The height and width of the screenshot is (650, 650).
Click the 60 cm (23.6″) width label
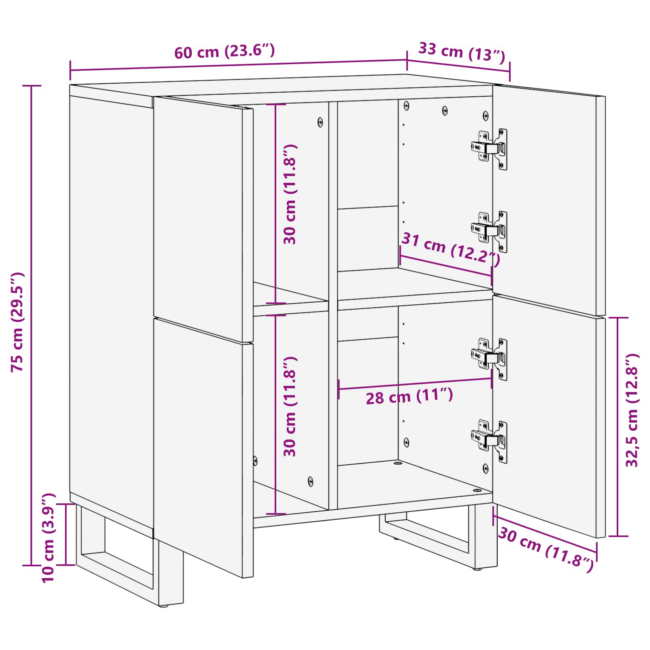pyautogui.click(x=225, y=52)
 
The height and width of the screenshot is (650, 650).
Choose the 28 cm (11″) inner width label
pyautogui.click(x=409, y=396)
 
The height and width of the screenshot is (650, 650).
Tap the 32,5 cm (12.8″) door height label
pyautogui.click(x=632, y=410)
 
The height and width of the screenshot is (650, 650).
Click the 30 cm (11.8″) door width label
pyautogui.click(x=546, y=549)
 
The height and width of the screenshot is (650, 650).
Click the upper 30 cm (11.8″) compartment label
pyautogui.click(x=290, y=194)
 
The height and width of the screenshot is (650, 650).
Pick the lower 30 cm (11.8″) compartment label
pyautogui.click(x=290, y=407)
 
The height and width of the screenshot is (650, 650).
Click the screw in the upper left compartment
pyautogui.click(x=320, y=122)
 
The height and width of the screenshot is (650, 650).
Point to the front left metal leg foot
pyautogui.click(x=164, y=605)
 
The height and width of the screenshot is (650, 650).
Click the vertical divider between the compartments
pyautogui.click(x=333, y=305)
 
